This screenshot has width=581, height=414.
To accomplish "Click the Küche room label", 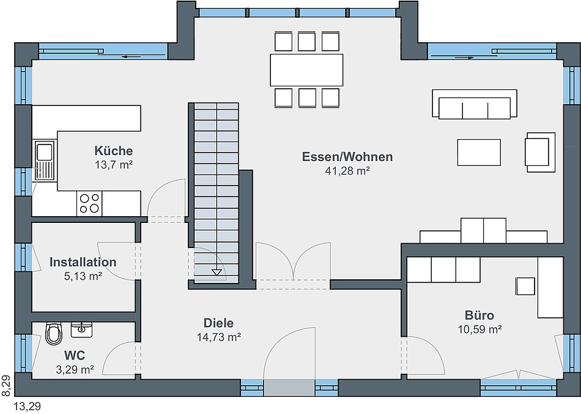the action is tap(113, 151).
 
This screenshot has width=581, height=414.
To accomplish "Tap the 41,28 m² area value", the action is tap(347, 171).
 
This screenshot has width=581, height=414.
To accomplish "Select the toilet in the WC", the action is tap(54, 334).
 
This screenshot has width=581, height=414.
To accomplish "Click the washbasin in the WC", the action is tap(81, 329).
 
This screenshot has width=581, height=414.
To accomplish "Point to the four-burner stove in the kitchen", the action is tap(89, 203).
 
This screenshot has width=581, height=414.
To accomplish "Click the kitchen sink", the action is tap(45, 160).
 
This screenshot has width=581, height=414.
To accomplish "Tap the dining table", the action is tap(306, 70).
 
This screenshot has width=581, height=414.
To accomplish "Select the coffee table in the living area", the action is tap(479, 152).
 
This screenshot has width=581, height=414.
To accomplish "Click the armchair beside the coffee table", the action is tap(540, 152).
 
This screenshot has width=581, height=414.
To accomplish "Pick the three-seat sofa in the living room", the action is tap(475, 104).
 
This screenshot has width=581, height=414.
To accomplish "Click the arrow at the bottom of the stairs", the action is tap(216, 273).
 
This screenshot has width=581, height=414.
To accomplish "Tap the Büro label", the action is tap(479, 315).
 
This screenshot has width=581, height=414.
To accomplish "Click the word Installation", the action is tap(83, 262).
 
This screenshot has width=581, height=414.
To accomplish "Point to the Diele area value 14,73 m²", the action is tap(218, 337).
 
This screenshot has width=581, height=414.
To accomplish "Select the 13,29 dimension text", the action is tap(27, 407).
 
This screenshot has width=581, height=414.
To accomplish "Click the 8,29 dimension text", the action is tap(6, 385).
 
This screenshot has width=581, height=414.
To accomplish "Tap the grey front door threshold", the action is tap(289, 388).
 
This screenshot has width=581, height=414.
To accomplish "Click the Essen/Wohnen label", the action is tap(347, 157).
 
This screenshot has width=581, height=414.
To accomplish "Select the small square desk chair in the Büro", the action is tap(525, 286).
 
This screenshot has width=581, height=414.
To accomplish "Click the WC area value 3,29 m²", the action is tap(75, 369).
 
